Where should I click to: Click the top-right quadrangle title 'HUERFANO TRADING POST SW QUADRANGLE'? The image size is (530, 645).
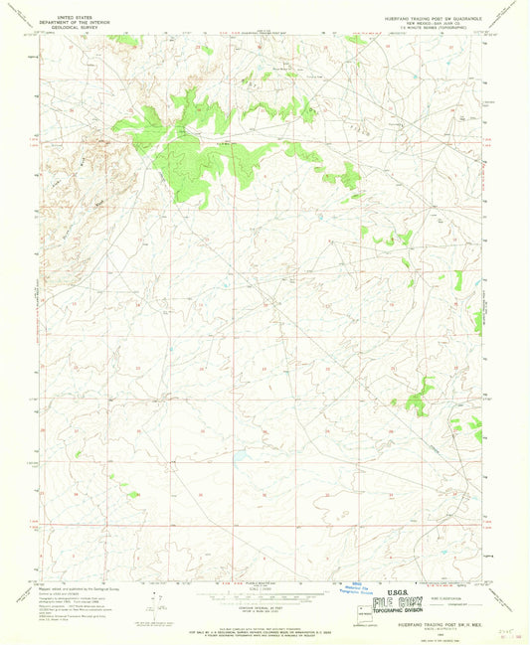pyautogui.click(x=433, y=18)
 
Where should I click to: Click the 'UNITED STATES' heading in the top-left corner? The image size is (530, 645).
pyautogui.click(x=79, y=18)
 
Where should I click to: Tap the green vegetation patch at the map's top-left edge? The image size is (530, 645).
pyautogui.click(x=124, y=40)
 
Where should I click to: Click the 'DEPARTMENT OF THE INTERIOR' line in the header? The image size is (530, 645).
pyautogui.click(x=79, y=23)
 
